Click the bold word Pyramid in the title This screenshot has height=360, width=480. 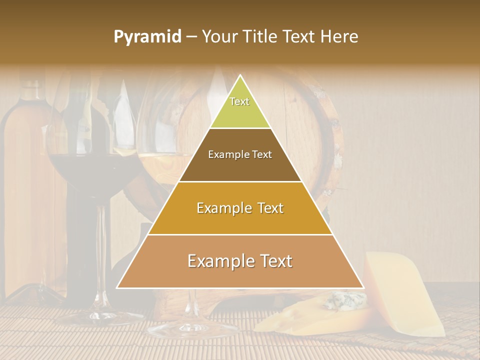(x=147, y=37)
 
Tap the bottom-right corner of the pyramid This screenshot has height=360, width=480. (x=363, y=287)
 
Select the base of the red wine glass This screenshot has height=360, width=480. (x=100, y=316)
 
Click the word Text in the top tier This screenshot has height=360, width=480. (x=239, y=101)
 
